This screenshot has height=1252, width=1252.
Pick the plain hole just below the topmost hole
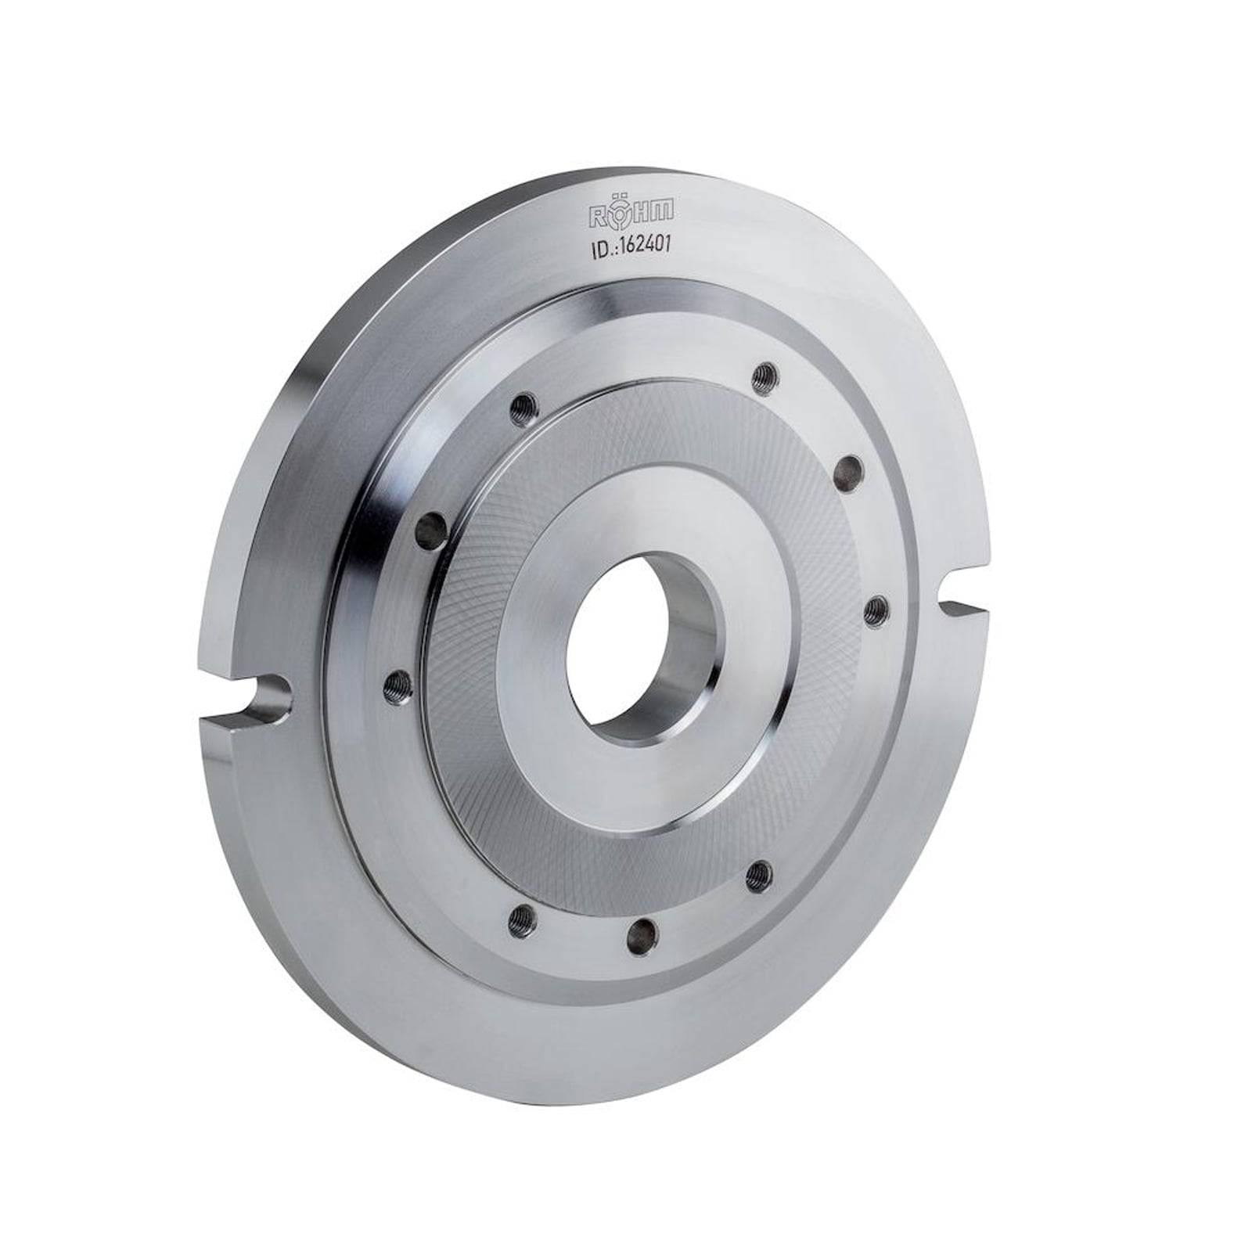(x=847, y=472)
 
